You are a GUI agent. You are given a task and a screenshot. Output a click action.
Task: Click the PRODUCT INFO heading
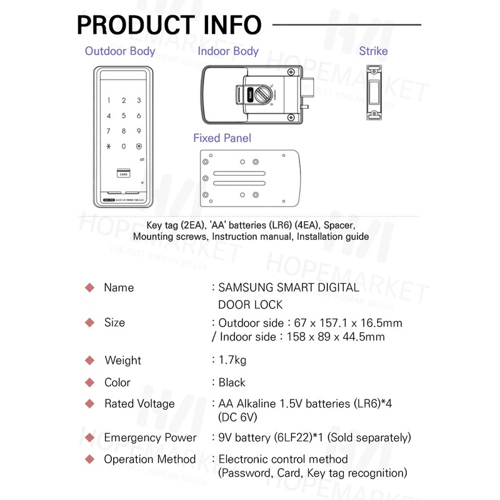click(169, 25)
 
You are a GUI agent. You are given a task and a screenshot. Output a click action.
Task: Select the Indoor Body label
click(228, 51)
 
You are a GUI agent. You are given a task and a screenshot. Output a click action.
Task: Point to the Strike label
click(373, 51)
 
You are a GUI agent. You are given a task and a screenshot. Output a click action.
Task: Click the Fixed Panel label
click(222, 138)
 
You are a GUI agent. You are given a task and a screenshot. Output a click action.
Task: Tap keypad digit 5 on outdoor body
click(124, 116)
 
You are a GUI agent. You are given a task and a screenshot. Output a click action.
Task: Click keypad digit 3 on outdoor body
click(139, 101)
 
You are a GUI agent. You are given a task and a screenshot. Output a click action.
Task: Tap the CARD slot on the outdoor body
click(123, 174)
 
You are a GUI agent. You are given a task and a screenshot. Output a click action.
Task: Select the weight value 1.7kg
click(232, 360)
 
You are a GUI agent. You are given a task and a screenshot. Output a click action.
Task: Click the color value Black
click(232, 382)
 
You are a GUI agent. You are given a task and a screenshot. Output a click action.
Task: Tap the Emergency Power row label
click(150, 437)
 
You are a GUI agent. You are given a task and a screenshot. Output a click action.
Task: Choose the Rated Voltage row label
click(139, 404)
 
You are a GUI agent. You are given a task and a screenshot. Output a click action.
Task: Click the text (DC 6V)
click(238, 417)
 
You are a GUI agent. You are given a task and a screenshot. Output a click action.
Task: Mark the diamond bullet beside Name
click(89, 288)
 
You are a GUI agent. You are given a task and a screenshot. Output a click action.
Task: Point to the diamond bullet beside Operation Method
click(89, 459)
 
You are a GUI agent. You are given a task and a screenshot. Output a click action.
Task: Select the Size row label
click(114, 322)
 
